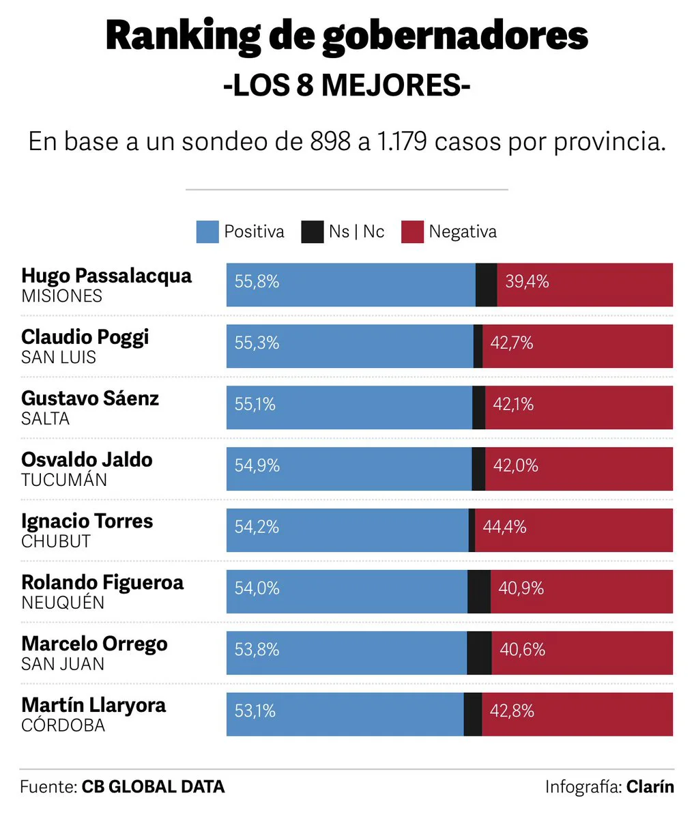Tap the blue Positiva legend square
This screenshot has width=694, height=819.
(x=207, y=232)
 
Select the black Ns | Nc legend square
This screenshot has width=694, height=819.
(x=312, y=232)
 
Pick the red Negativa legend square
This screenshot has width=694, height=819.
(x=412, y=232)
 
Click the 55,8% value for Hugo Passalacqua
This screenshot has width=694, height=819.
(x=257, y=282)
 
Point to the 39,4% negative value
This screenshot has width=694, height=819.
(x=527, y=282)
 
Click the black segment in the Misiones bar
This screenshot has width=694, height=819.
(x=486, y=285)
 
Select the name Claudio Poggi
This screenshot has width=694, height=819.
(x=85, y=337)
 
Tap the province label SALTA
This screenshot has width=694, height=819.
(x=45, y=418)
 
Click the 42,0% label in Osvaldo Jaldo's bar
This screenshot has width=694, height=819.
(x=516, y=466)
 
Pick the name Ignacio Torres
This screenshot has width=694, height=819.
(x=87, y=521)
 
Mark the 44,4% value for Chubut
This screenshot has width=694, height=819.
(x=504, y=528)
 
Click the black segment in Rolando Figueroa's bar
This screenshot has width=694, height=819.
(x=478, y=592)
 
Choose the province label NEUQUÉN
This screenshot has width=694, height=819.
(x=63, y=603)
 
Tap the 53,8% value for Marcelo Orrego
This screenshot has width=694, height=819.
(x=257, y=650)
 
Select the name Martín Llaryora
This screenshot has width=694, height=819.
(x=93, y=705)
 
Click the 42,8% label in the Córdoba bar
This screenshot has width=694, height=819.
(x=512, y=711)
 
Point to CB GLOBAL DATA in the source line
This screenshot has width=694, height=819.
(x=153, y=787)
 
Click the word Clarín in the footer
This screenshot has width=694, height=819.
(x=650, y=787)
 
